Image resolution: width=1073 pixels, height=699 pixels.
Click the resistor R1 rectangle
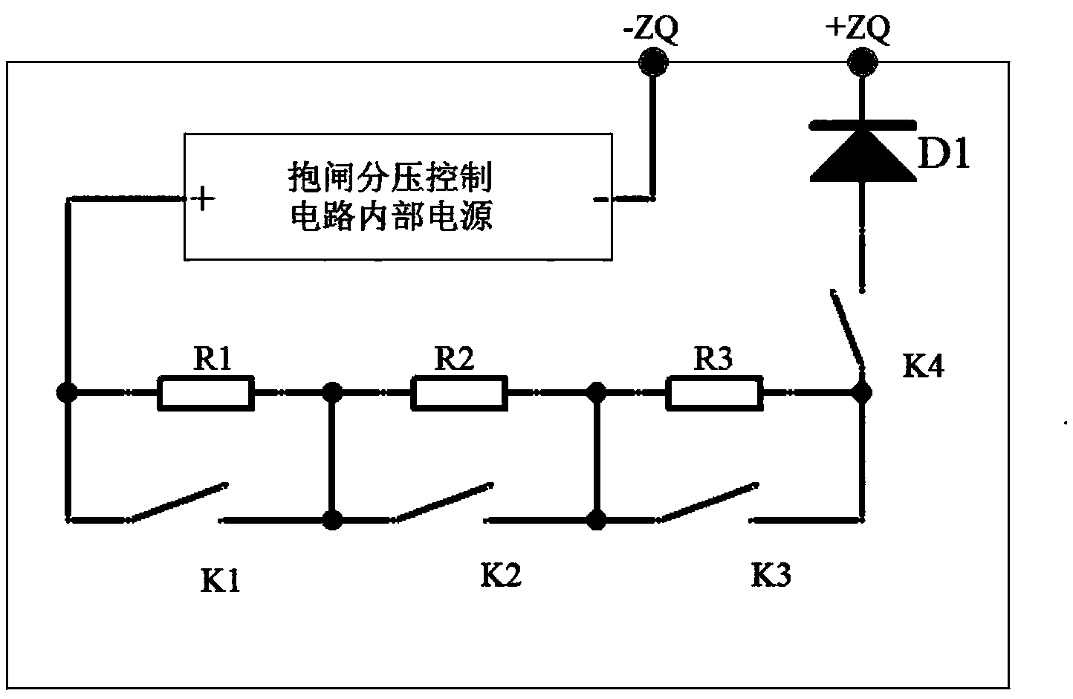[206, 393]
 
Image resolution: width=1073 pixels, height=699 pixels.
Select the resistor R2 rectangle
[459, 393]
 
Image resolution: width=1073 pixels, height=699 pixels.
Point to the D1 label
[944, 155]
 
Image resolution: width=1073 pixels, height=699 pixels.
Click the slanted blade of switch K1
[177, 503]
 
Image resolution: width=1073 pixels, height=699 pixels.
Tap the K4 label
[924, 366]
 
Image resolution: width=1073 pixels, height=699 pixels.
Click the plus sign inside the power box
[202, 199]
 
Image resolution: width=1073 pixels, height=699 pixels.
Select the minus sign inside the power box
[600, 199]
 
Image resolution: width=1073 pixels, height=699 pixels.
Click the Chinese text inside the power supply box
[391, 198]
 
